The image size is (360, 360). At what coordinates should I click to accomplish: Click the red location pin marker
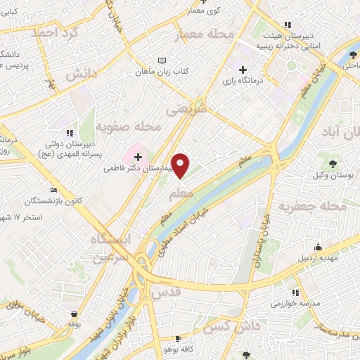click(181, 166)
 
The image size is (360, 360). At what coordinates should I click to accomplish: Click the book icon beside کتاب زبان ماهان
click(163, 61)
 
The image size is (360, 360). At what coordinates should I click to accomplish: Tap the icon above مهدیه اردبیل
click(318, 247)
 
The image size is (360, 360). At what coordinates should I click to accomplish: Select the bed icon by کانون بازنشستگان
click(55, 190)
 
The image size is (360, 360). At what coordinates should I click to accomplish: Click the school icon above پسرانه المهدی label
click(68, 132)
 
